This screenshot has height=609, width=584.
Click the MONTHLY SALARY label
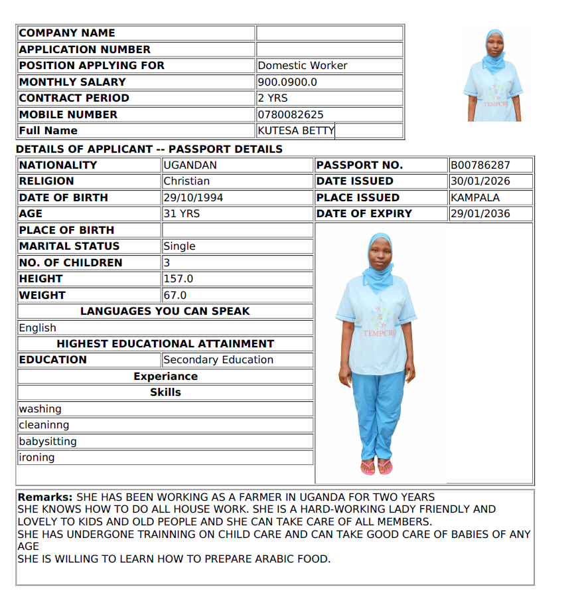pos(72,82)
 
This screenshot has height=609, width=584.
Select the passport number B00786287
pos(481,165)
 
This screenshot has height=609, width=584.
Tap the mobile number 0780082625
pos(291,114)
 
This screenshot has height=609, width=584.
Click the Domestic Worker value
pos(303,65)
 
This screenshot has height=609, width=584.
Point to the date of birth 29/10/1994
pos(193,197)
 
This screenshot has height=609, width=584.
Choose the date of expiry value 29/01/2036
pos(481,214)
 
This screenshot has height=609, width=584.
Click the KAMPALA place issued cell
pos(475,197)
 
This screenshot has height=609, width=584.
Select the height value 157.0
pos(179,279)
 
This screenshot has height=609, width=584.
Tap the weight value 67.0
pos(175,295)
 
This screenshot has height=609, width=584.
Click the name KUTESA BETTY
pos(295,131)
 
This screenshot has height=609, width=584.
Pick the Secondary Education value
pos(218,360)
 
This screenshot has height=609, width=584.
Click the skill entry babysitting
pos(48,442)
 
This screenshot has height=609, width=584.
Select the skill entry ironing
pos(37,458)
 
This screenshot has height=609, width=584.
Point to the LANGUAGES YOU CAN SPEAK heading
pos(165,311)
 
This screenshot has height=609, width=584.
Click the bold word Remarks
pos(44,497)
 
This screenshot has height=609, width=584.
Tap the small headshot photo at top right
pos(494,74)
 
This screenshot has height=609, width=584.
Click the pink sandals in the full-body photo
pos(376,468)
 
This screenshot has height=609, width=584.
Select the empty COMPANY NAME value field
pos(330,33)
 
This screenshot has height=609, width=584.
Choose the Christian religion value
pos(186,181)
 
